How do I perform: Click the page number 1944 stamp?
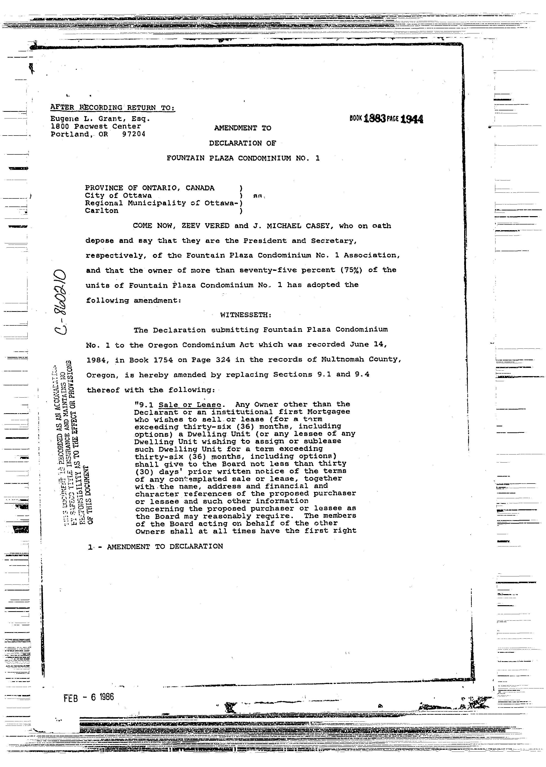coord(412,119)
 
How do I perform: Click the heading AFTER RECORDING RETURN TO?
coord(113,107)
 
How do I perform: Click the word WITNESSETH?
coord(245,315)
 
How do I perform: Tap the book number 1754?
coord(163,360)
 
